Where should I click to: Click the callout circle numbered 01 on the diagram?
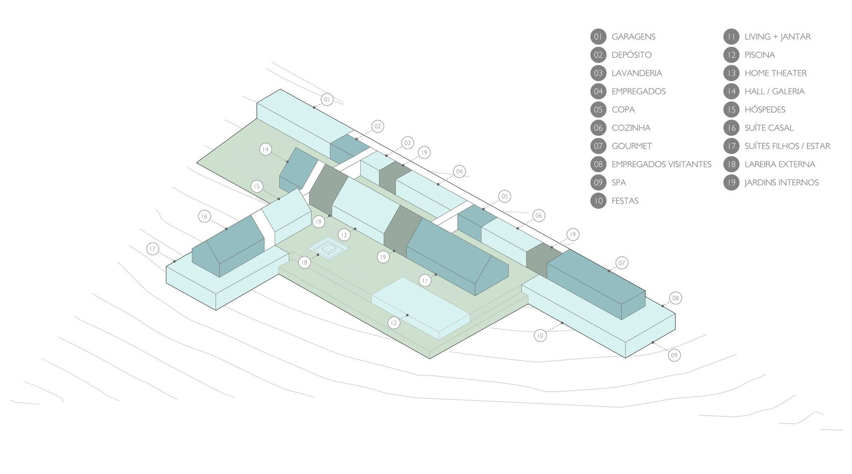tap(327, 100)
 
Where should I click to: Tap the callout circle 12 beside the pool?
tap(394, 323)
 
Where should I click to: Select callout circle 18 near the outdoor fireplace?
tap(304, 262)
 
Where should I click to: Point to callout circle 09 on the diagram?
tap(674, 356)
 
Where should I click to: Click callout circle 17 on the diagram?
tap(152, 249)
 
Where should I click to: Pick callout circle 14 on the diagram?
tap(266, 150)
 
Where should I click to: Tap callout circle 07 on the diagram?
tap(621, 263)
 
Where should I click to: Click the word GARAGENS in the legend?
tap(633, 37)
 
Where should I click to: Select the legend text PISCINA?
tap(759, 55)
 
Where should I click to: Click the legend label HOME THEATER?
tap(776, 73)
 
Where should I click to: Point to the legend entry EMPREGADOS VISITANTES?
tap(661, 164)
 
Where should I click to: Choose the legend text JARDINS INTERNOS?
tap(781, 183)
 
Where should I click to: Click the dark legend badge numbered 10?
tap(598, 201)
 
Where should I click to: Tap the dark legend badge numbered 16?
tap(731, 128)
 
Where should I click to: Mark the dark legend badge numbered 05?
tap(598, 109)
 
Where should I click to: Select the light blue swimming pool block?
tap(420, 308)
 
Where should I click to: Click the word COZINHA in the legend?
tap(631, 128)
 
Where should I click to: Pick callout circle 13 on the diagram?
tap(344, 235)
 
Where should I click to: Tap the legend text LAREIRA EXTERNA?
tap(780, 164)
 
